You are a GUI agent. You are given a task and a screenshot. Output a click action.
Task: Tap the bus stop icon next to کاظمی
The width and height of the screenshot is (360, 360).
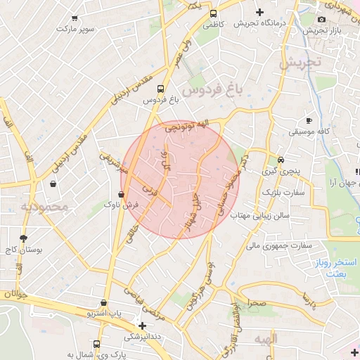coord(213,13)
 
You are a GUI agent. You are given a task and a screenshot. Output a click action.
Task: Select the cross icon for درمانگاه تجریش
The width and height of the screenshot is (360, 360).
coord(260,12)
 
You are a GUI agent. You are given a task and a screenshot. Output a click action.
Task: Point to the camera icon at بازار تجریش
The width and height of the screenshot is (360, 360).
coord(322,19)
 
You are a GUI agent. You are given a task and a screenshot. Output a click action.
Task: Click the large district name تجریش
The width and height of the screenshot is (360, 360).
coord(299,62)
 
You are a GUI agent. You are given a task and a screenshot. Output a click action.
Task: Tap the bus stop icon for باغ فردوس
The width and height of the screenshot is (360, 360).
coord(161,89)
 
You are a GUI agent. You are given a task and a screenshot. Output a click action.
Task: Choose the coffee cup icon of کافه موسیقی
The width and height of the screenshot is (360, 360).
coord(309,120)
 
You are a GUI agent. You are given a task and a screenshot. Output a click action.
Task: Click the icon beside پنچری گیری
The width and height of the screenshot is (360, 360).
coord(281,160)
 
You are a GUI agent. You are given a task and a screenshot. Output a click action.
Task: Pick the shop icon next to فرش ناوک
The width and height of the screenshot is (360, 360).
coord(122,193)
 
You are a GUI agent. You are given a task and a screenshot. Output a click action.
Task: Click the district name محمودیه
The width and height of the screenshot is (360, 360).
coord(44,207)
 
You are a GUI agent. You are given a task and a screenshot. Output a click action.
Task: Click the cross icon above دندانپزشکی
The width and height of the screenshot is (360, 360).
coord(143,326)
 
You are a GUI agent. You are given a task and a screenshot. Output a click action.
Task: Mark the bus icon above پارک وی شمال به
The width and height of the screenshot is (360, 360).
coord(96,345)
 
